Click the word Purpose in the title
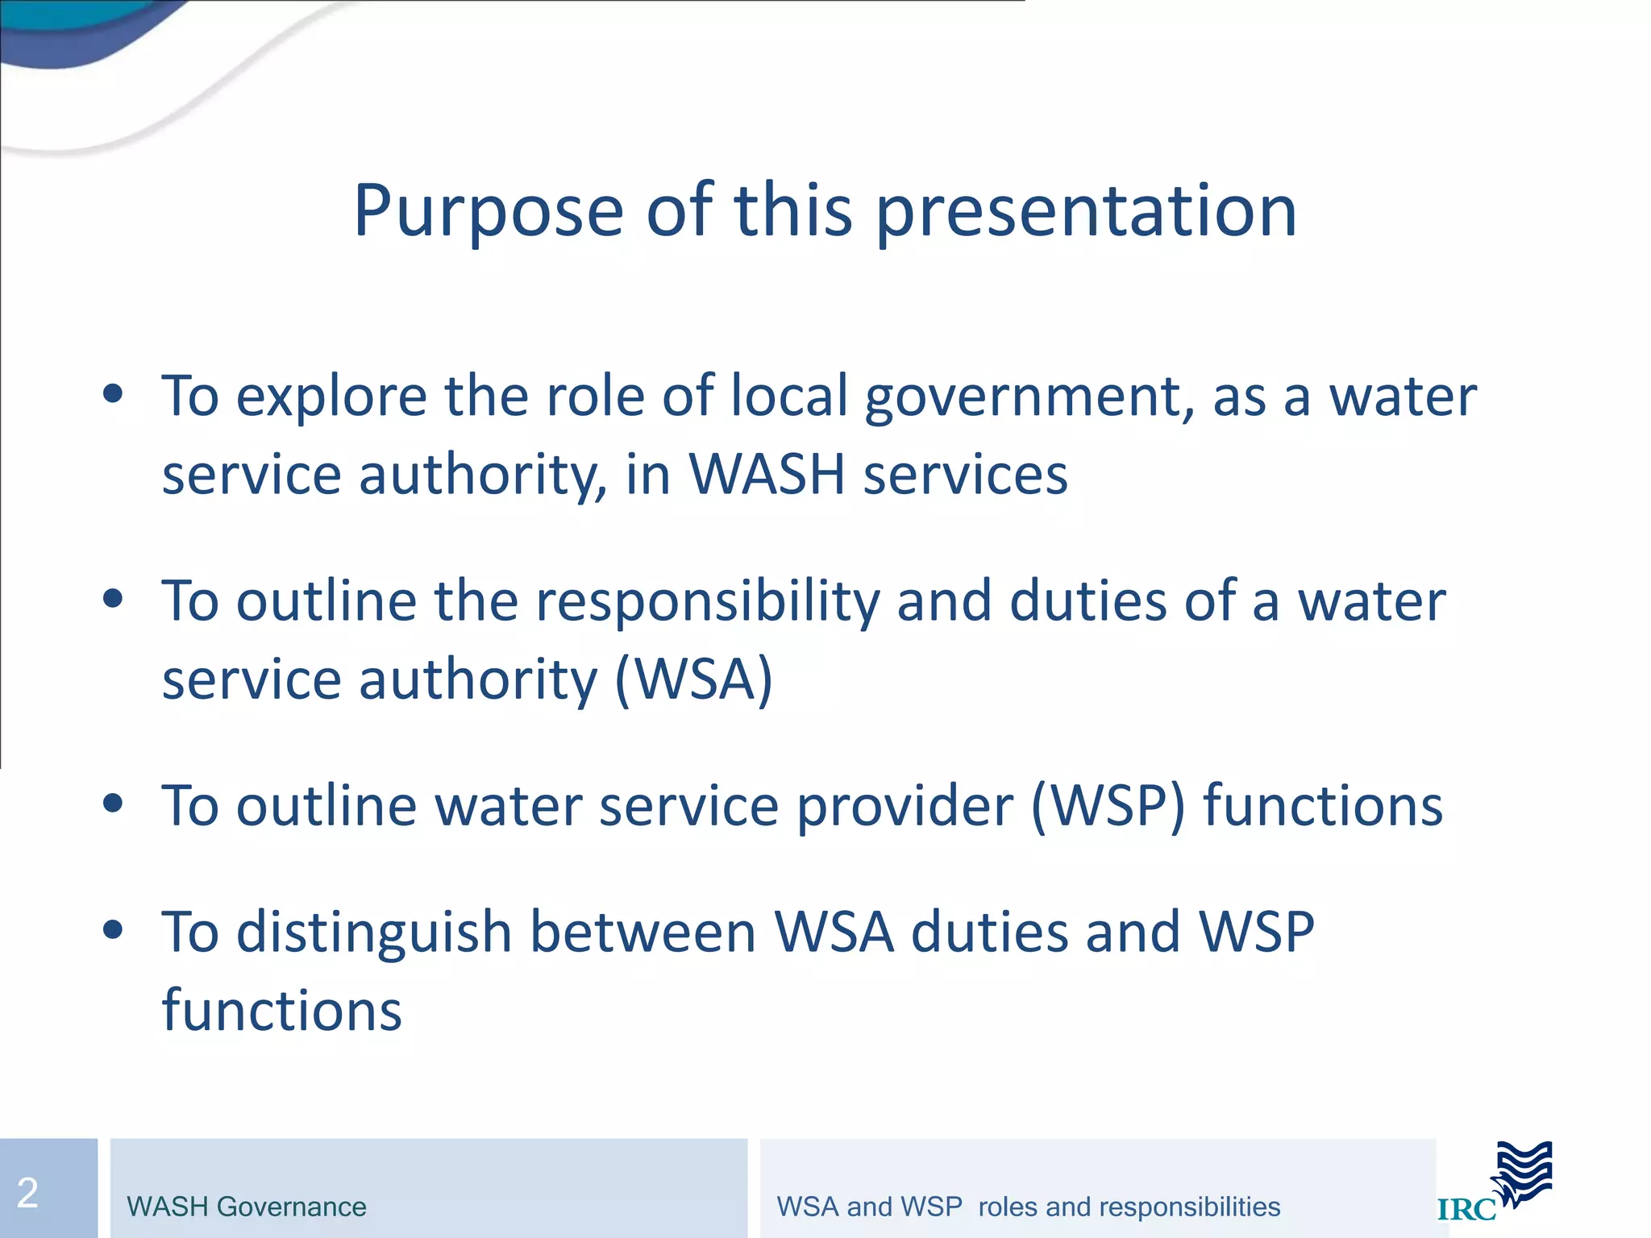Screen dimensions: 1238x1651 tap(489, 211)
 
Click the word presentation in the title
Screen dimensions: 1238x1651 tap(1086, 211)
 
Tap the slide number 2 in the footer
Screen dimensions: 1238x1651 tap(27, 1192)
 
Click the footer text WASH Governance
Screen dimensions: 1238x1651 tap(247, 1207)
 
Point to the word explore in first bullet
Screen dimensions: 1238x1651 tap(331, 397)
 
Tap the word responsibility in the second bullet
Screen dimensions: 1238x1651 tap(708, 601)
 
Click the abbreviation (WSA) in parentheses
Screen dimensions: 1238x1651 tap(693, 679)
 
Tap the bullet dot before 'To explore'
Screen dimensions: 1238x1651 tap(113, 394)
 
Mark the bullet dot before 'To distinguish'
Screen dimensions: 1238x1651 tap(113, 929)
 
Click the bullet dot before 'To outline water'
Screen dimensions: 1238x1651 tap(113, 803)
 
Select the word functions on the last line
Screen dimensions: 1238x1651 tap(281, 1010)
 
